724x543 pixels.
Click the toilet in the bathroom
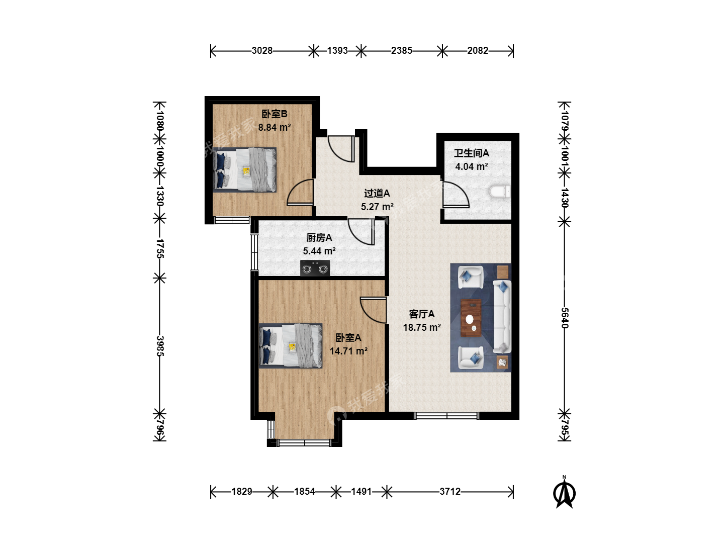[500, 192]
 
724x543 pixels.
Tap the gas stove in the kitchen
[315, 267]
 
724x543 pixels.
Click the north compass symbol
[564, 492]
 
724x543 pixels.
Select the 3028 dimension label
[262, 50]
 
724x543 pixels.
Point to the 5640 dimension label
[564, 318]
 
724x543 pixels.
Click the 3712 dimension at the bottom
[450, 492]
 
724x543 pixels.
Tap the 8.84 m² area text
[275, 127]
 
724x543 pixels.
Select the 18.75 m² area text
[422, 327]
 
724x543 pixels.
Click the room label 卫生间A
[471, 153]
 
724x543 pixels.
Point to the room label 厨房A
[319, 237]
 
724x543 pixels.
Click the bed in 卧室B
[244, 169]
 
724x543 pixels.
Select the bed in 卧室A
[291, 345]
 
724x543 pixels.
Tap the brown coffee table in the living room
[471, 318]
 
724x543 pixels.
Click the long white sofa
[502, 317]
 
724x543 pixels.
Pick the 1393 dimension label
[337, 50]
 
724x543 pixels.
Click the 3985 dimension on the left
[160, 346]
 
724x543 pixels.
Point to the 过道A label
[377, 193]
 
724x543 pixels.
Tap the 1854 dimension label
[305, 492]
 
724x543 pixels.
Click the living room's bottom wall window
[447, 416]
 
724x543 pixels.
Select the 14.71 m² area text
[348, 351]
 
